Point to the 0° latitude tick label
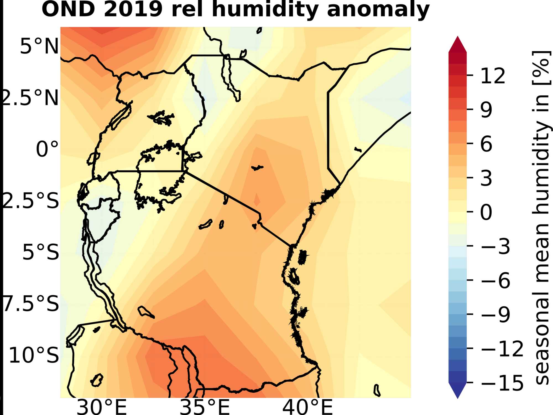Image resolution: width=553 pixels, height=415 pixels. (x=47, y=149)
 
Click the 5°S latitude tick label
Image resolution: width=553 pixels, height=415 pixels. (x=41, y=252)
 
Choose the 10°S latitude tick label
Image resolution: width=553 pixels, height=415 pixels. (x=34, y=355)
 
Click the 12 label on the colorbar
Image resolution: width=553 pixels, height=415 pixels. (x=493, y=76)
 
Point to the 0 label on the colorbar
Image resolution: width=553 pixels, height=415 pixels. (x=486, y=212)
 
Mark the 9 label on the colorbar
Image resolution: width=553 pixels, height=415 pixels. (x=486, y=110)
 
